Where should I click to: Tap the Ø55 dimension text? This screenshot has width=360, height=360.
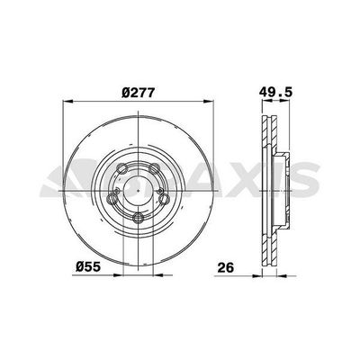coord(85,267)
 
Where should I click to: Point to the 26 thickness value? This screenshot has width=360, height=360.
coord(227,267)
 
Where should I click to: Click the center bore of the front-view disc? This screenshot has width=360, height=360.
coord(137,191)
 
